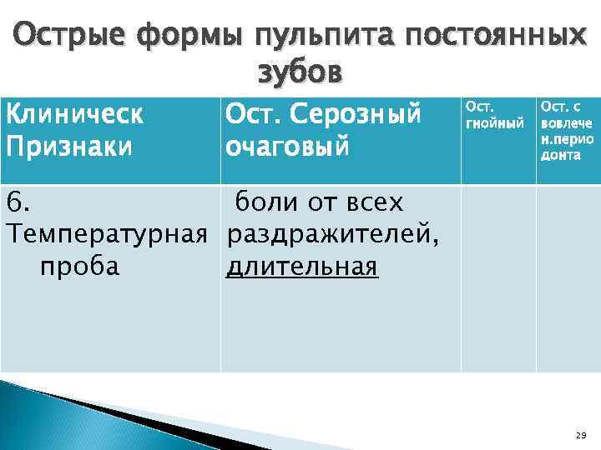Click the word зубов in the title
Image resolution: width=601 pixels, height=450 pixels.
coord(300,74)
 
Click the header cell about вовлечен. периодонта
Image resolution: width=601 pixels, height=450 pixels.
coord(568,131)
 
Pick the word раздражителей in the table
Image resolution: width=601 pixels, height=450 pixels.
coord(331,235)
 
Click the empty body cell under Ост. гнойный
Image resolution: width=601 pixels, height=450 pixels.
coord(497,278)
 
